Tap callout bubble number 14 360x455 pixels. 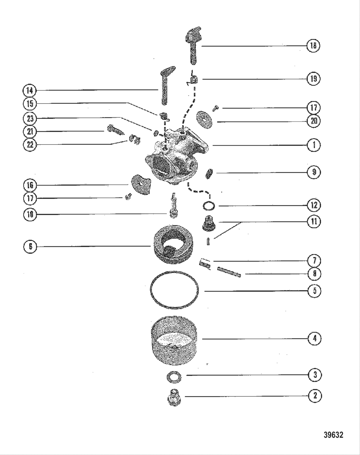[30, 90]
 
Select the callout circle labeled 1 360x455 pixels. [314, 145]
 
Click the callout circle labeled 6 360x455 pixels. [30, 247]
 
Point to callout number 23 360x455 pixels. [30, 118]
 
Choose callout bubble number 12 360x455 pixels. [314, 205]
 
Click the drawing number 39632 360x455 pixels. [333, 435]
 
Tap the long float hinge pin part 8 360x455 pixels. [229, 272]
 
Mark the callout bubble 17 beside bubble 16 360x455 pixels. [30, 198]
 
